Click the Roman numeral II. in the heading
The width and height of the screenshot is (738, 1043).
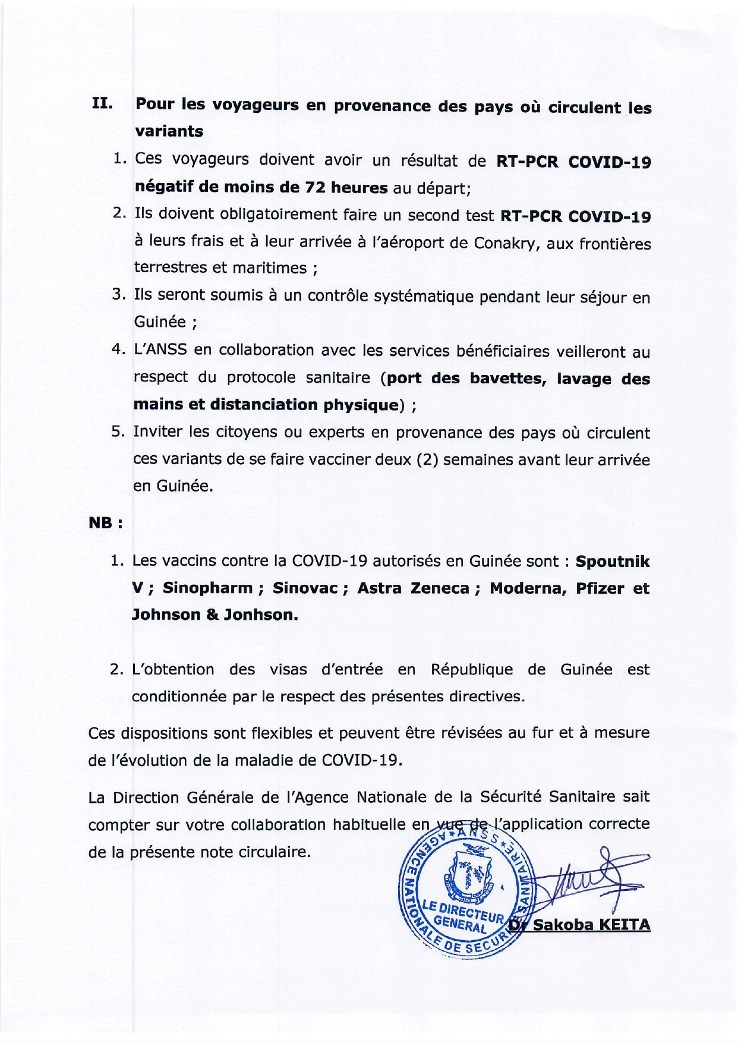[102, 104]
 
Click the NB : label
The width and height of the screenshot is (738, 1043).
[105, 524]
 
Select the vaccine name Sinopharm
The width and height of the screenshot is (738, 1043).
[208, 588]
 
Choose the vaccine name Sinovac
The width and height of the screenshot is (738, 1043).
[305, 588]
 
